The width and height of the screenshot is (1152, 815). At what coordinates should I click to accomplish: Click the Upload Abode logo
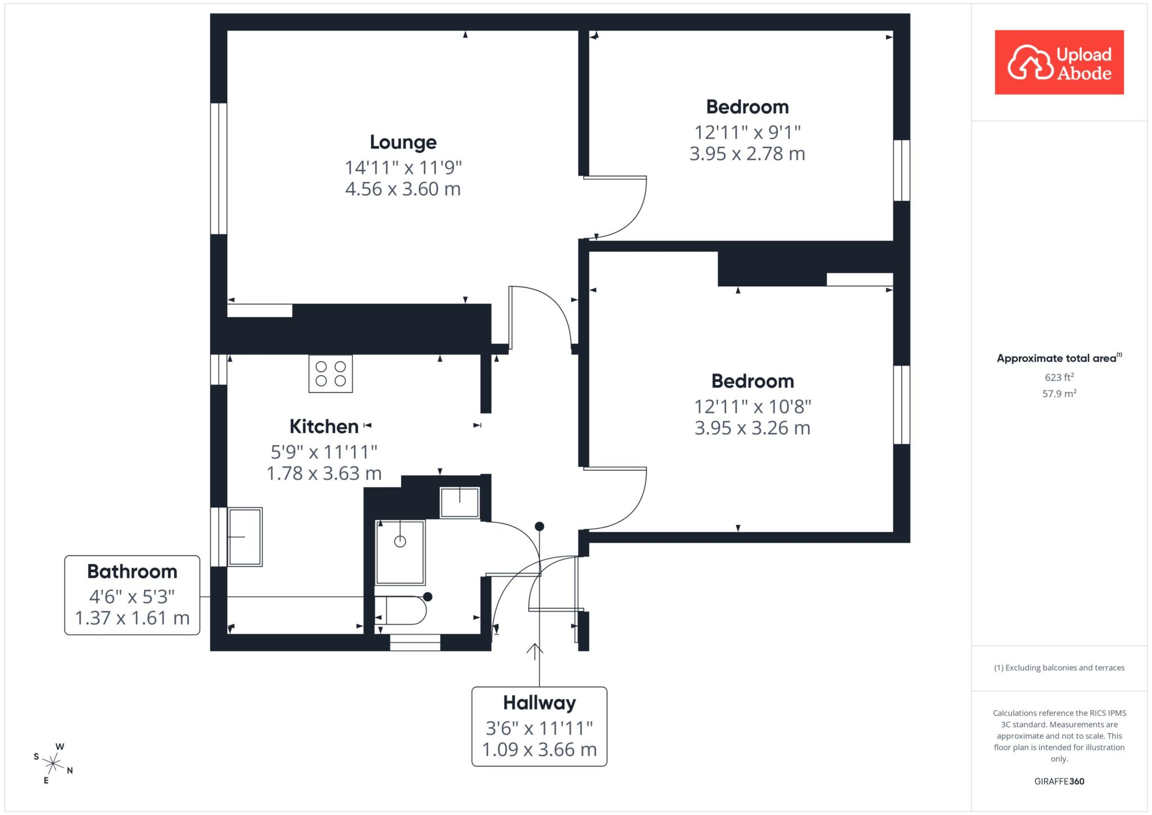tap(1059, 62)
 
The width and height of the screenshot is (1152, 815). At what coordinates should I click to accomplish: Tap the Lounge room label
tap(403, 142)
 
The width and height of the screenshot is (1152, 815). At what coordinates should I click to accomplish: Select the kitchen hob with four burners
tap(331, 373)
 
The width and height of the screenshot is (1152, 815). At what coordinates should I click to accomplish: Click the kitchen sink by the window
tap(245, 537)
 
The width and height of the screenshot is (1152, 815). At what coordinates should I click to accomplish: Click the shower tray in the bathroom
tap(400, 552)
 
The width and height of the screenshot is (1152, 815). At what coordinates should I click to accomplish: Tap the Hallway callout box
tap(539, 726)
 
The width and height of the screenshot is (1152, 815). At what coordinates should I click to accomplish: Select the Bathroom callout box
tap(132, 595)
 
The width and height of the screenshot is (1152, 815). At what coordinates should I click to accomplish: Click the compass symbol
tap(53, 763)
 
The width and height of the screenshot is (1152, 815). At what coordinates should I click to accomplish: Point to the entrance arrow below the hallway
tap(534, 651)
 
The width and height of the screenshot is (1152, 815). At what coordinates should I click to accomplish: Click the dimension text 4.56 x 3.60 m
tap(403, 189)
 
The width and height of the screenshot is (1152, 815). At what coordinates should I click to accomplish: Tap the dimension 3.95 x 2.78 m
tap(747, 154)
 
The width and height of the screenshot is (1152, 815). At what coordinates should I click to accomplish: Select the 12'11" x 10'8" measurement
tap(753, 406)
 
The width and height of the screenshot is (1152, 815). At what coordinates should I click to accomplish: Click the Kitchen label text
tap(324, 426)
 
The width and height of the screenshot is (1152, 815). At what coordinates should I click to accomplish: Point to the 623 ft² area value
tap(1059, 377)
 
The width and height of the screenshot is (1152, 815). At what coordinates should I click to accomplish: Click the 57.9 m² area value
tap(1059, 393)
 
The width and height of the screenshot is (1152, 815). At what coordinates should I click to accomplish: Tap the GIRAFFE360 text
tap(1059, 781)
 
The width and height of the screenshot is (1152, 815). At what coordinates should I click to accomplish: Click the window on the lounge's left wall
tap(219, 168)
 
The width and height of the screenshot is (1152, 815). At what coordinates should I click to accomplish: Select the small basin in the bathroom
tap(460, 502)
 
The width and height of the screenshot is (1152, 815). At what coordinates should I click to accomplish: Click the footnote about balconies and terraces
tap(1059, 668)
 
